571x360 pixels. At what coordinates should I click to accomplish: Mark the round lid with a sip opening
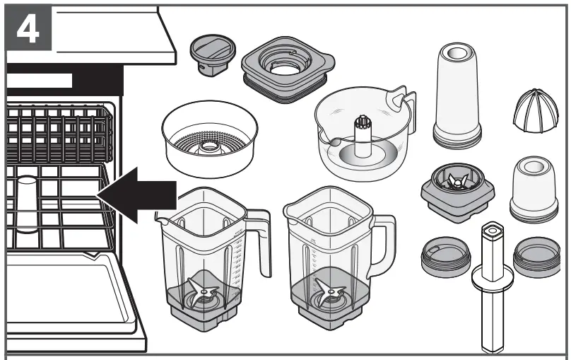pos(445,257)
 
